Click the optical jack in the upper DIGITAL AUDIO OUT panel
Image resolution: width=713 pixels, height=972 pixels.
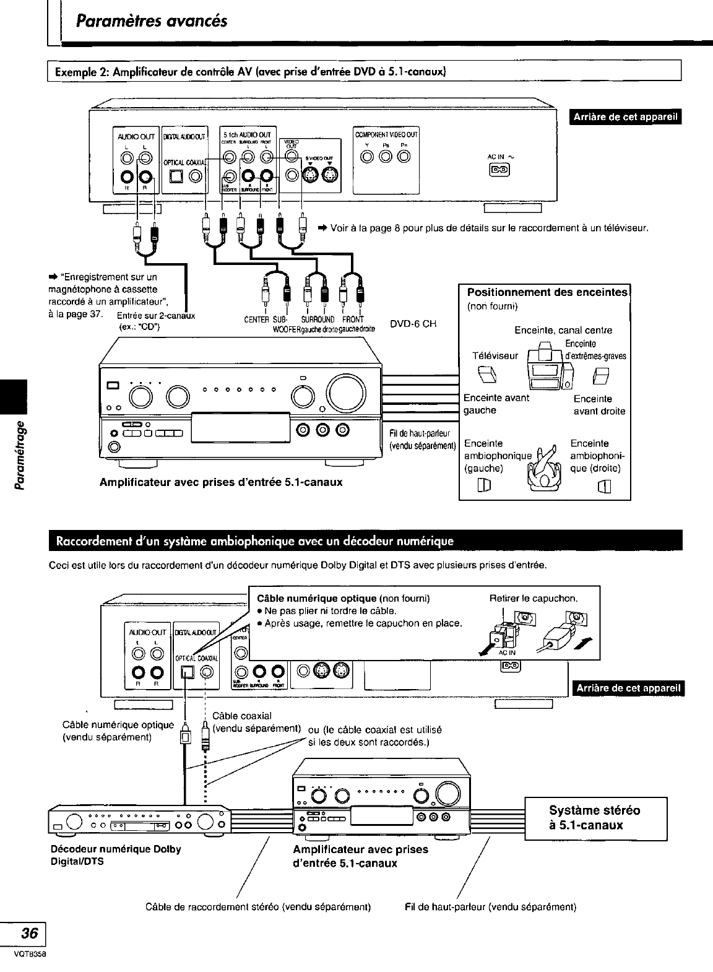176,177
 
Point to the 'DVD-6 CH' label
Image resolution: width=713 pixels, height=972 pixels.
413,324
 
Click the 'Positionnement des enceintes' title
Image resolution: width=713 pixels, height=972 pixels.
547,293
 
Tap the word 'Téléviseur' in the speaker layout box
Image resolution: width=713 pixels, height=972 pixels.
495,356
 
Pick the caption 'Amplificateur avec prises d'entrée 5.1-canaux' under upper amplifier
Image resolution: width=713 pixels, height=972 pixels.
221,481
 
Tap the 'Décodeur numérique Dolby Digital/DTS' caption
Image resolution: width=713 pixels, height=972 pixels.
115,854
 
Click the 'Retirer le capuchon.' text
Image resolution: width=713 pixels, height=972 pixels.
533,599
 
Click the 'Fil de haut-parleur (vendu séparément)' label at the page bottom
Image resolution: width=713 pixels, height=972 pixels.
490,907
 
